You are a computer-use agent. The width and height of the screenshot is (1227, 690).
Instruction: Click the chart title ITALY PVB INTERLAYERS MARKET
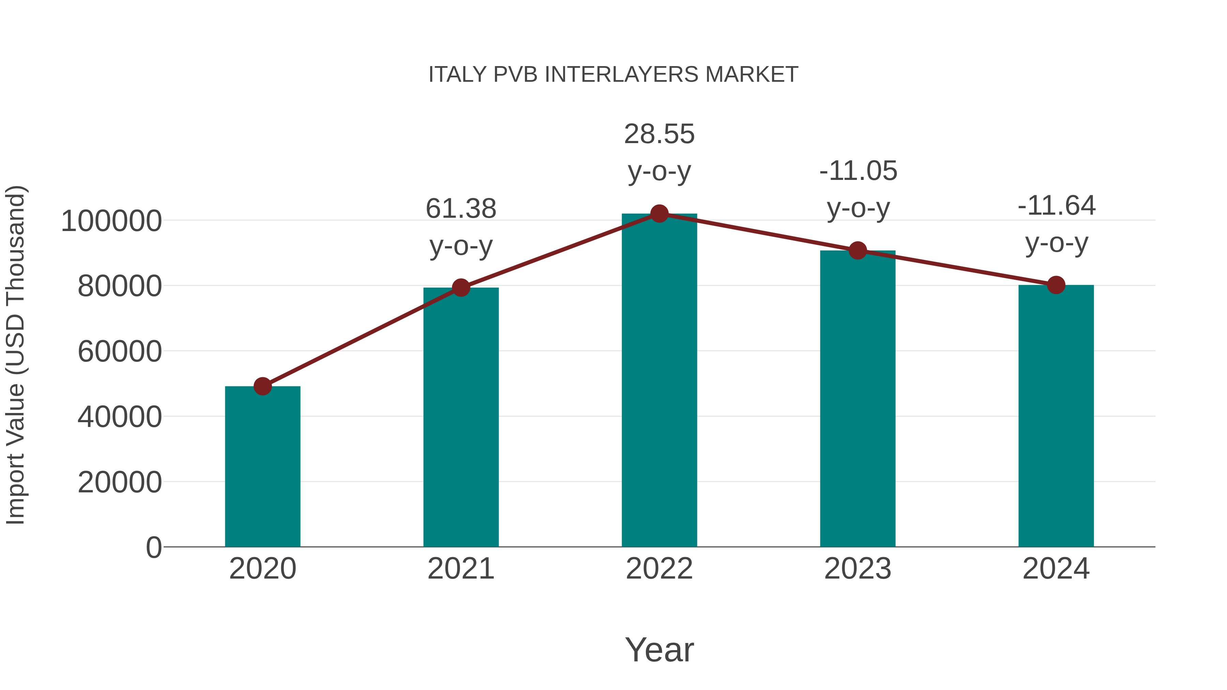click(x=613, y=75)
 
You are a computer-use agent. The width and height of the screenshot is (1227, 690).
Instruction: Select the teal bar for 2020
click(x=262, y=467)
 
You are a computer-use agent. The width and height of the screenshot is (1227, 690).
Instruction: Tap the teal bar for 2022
click(x=659, y=381)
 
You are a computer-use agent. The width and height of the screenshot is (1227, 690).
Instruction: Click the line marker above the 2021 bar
click(x=460, y=288)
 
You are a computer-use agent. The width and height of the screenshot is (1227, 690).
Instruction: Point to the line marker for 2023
click(x=858, y=250)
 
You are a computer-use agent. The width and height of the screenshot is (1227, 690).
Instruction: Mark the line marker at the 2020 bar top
click(x=262, y=386)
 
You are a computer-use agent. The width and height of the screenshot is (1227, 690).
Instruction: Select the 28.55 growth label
click(x=659, y=134)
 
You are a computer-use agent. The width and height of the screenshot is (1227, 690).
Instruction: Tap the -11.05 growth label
click(x=858, y=171)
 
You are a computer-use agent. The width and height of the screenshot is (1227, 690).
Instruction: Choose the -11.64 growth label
click(x=1056, y=206)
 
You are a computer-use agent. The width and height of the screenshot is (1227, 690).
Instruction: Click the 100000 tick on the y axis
click(x=111, y=221)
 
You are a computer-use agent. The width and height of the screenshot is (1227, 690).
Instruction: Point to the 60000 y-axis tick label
click(x=120, y=352)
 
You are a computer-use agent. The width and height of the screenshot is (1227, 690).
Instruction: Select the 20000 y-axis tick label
click(x=120, y=482)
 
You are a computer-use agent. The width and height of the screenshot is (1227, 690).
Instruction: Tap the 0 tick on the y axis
click(x=154, y=548)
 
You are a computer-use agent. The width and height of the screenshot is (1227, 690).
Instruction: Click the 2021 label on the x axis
click(x=460, y=569)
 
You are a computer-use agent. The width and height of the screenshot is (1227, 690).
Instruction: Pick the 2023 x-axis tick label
click(x=858, y=569)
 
